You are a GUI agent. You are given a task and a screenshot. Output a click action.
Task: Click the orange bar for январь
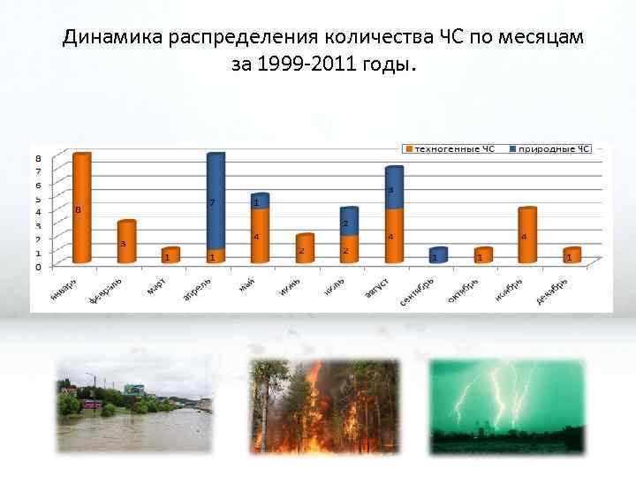click(82, 209)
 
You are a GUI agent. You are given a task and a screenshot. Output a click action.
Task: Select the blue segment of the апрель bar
click(216, 202)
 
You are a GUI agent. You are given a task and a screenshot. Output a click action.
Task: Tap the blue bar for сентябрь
click(438, 255)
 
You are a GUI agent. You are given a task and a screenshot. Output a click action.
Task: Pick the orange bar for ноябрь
click(527, 236)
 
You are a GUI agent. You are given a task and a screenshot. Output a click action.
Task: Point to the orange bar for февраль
click(126, 242)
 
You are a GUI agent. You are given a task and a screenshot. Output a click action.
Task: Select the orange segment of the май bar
click(260, 236)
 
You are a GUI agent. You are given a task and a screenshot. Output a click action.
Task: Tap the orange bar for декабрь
click(572, 255)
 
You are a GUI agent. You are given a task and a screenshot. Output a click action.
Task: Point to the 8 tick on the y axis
click(38, 158)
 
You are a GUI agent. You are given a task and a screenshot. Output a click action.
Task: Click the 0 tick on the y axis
click(38, 267)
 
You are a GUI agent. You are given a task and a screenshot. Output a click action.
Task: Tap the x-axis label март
click(156, 286)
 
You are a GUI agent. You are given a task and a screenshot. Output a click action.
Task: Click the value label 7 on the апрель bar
click(212, 203)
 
